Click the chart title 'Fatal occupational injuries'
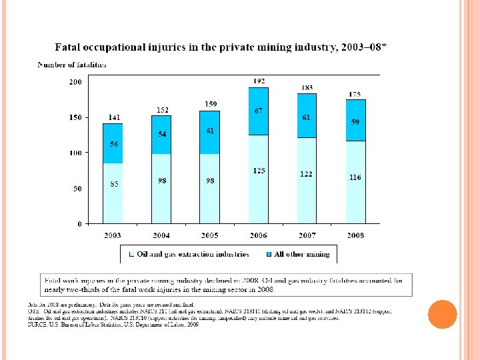(221, 48)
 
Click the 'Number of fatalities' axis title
(71, 65)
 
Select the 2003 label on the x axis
(113, 235)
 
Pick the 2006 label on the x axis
(258, 235)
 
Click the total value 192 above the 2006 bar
(259, 81)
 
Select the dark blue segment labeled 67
(259, 111)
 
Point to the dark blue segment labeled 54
(161, 135)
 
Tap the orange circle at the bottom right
(441, 314)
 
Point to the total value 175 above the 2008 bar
(355, 93)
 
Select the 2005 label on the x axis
(209, 235)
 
